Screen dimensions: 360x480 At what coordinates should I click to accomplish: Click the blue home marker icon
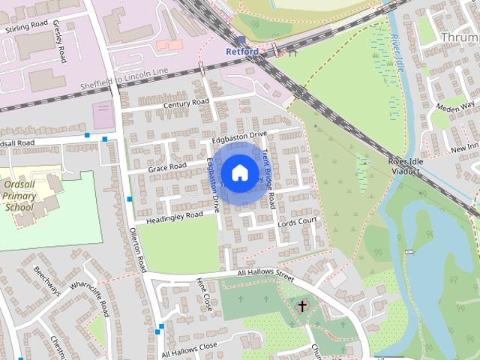(239, 173)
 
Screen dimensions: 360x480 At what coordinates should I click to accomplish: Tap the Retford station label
(242, 52)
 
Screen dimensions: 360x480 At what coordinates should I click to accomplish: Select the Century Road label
(186, 103)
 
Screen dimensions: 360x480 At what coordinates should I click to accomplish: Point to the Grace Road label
(166, 166)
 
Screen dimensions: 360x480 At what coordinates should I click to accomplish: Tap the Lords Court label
(298, 223)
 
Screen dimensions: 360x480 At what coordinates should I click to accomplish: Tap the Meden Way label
(458, 106)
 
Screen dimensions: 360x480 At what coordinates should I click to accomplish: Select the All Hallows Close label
(189, 349)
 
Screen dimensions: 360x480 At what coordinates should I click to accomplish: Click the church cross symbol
(302, 306)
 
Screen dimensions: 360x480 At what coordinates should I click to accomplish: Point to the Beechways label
(47, 280)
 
